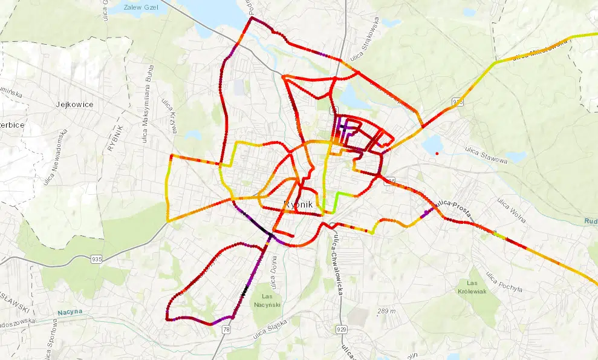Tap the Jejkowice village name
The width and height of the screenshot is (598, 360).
(x=74, y=104)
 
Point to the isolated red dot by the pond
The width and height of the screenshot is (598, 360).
(x=437, y=153)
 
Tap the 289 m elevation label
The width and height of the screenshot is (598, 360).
(x=386, y=311)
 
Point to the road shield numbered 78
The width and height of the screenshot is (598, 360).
(x=226, y=329)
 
